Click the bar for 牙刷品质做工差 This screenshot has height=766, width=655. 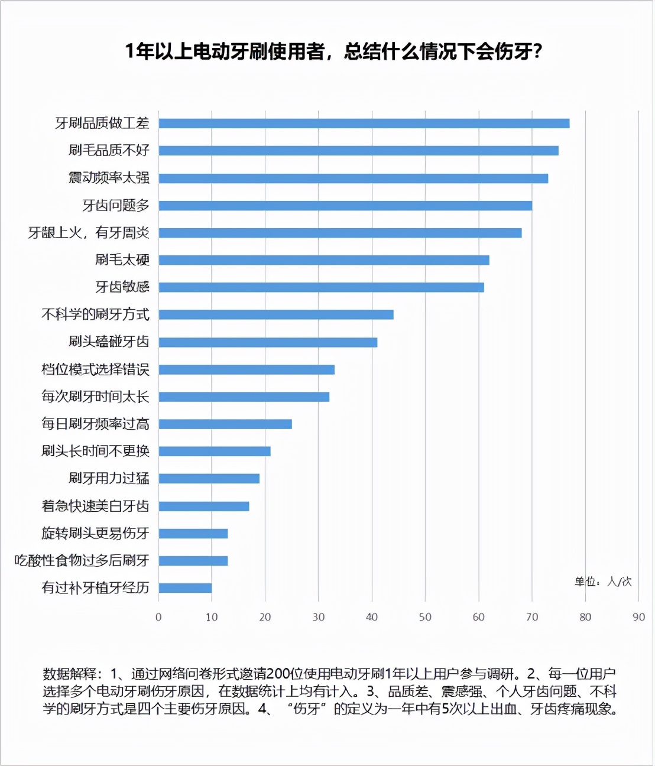[364, 124]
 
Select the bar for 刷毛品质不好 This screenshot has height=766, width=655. [358, 151]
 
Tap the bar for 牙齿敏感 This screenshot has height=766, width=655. [321, 287]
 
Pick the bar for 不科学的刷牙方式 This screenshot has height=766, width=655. [275, 314]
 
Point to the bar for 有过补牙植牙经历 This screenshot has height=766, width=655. [185, 588]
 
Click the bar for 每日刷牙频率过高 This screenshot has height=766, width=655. [225, 424]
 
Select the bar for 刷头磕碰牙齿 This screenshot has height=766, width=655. [268, 342]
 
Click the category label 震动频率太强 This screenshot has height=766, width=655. [109, 178]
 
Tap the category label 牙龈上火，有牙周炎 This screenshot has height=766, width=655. [89, 233]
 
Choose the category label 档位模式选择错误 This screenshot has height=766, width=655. [95, 369]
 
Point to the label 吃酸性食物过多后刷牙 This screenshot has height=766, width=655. [82, 560]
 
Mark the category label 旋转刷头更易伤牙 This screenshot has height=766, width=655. [95, 533]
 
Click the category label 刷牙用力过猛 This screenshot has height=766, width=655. [109, 478]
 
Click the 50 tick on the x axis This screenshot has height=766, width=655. [425, 617]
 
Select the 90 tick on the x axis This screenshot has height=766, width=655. [638, 617]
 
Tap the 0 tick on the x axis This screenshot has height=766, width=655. [158, 617]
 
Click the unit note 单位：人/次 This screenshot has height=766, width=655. [603, 582]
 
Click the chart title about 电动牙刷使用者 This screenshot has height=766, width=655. [333, 52]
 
